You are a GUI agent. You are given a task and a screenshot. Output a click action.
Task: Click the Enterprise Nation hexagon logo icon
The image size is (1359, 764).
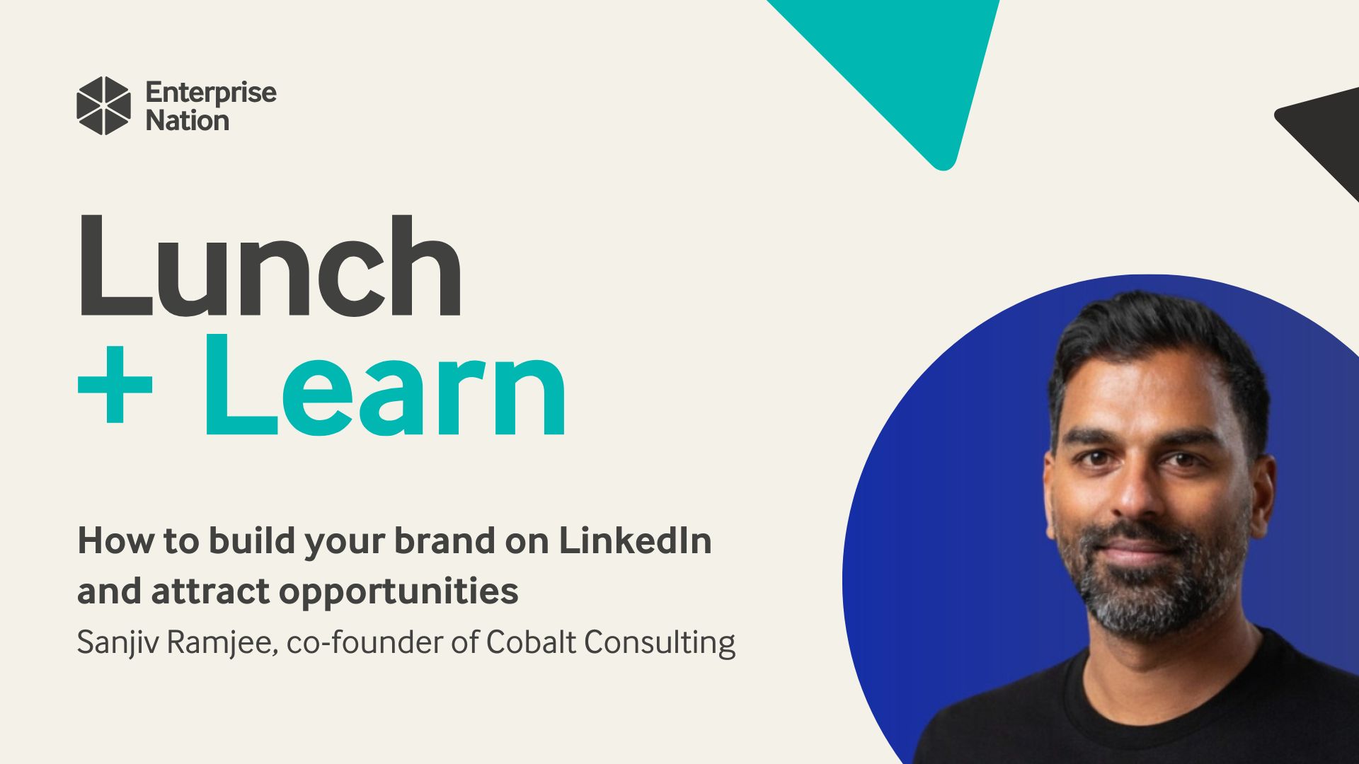point(103,105)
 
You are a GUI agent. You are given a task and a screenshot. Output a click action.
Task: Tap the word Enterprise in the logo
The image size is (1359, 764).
point(211,93)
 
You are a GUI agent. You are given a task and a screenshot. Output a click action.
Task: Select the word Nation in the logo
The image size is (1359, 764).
point(188,121)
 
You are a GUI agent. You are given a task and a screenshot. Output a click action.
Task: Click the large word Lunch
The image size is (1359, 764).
point(270,266)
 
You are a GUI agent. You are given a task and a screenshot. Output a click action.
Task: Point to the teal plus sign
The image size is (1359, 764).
point(115,385)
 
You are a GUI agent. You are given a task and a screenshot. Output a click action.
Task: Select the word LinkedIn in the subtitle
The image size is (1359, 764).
point(636,540)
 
